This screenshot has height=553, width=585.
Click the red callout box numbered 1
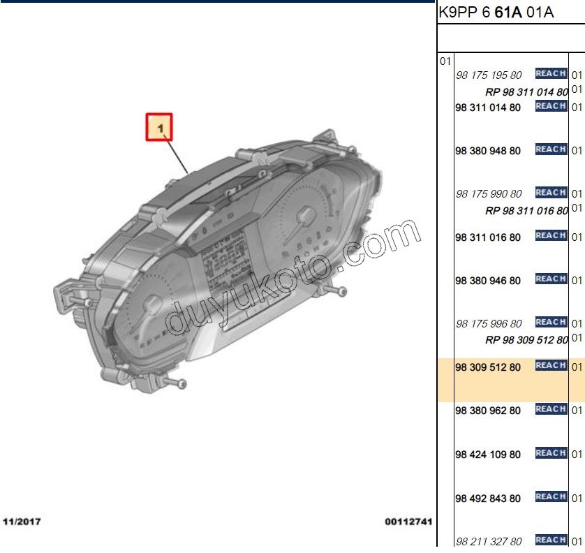click(x=159, y=127)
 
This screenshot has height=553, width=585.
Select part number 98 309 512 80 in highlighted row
click(x=488, y=367)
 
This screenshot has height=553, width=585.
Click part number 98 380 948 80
click(x=488, y=151)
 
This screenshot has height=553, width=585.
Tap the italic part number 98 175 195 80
click(x=489, y=75)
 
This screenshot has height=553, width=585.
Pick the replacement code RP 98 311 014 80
click(x=526, y=91)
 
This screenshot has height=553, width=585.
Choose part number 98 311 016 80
click(x=488, y=237)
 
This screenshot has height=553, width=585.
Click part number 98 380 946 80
click(x=488, y=281)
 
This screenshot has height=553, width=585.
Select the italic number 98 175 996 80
click(x=489, y=323)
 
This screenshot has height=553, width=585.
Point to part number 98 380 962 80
click(x=488, y=411)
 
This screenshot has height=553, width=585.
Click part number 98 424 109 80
click(x=488, y=455)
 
